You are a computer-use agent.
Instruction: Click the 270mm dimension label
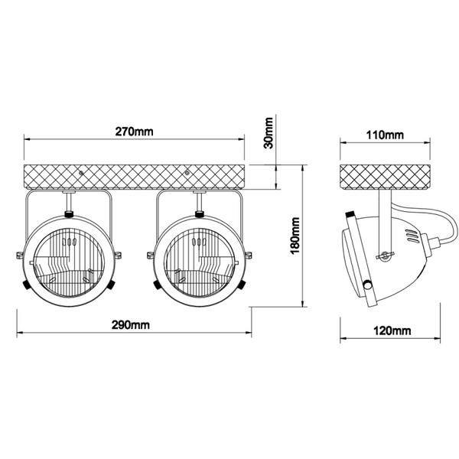[x=134, y=132]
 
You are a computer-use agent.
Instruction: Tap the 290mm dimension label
[x=131, y=325]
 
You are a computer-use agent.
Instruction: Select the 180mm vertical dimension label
[x=295, y=236]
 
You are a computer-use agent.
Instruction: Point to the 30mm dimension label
[x=269, y=133]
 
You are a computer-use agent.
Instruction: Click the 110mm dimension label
[x=385, y=135]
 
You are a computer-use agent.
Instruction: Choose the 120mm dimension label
[x=392, y=330]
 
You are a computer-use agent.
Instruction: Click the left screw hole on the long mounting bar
[x=81, y=173]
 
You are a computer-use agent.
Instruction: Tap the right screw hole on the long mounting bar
[x=187, y=173]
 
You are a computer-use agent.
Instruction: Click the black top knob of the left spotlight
[x=69, y=214]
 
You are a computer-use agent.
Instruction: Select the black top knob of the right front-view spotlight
[x=200, y=214]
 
